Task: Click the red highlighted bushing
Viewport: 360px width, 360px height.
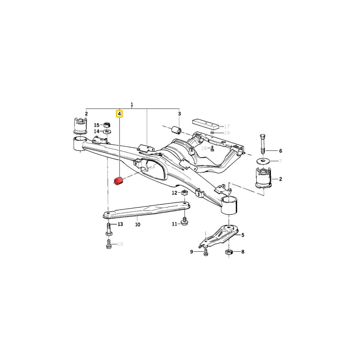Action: point(119,181)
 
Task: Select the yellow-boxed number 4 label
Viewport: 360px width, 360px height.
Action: point(119,114)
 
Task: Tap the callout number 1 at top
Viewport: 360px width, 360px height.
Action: point(132,105)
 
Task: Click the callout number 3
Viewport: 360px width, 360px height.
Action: point(180,114)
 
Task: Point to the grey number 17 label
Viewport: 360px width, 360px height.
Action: point(227,126)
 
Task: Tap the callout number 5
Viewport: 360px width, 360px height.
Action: point(243,235)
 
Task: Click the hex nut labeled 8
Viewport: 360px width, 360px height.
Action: point(229,252)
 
